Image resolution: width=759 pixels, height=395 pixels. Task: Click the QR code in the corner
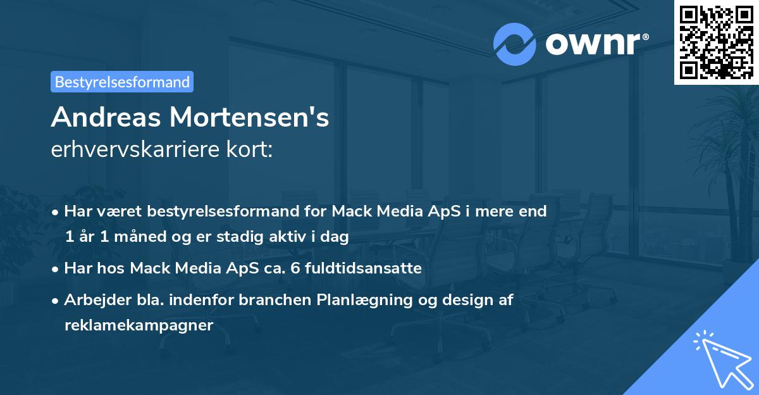[x=716, y=42]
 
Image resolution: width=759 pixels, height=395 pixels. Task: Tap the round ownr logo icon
[x=514, y=44]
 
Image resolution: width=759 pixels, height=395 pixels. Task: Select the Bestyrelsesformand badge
[x=122, y=82]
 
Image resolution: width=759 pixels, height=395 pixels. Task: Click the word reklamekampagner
[x=139, y=325]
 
